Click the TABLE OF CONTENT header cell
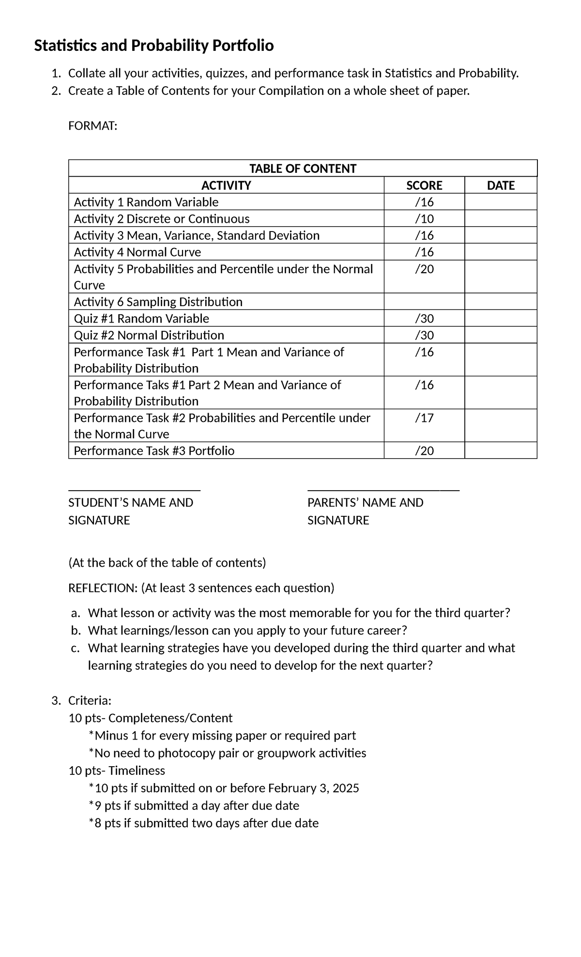click(x=303, y=169)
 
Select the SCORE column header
click(x=424, y=185)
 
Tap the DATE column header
click(x=501, y=185)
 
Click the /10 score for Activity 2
click(x=424, y=219)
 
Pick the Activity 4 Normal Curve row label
click(x=137, y=252)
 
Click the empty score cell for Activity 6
click(x=424, y=302)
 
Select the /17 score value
click(x=424, y=418)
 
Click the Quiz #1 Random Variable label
click(x=141, y=319)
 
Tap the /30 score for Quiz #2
click(x=424, y=335)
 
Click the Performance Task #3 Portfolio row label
click(x=154, y=451)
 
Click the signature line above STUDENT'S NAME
click(x=135, y=490)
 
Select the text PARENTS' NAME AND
click(x=365, y=503)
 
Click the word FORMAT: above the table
click(x=92, y=126)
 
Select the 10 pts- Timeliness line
click(x=117, y=771)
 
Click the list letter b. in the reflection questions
click(x=75, y=631)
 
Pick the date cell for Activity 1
click(x=501, y=202)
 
